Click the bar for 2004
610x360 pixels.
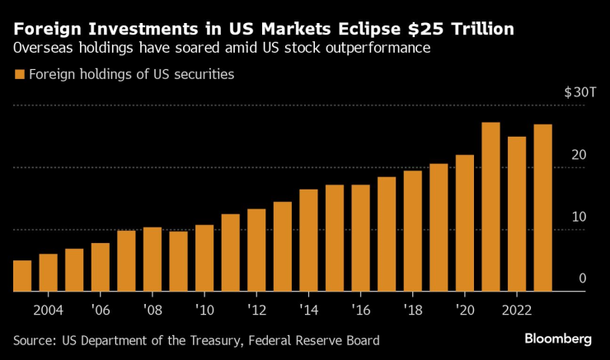click(x=48, y=273)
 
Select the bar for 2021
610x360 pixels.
click(x=490, y=207)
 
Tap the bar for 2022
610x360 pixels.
click(x=517, y=214)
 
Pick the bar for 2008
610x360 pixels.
click(x=152, y=259)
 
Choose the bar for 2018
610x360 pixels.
click(x=412, y=231)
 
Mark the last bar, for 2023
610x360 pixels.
click(x=542, y=208)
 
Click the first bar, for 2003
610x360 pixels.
click(x=22, y=276)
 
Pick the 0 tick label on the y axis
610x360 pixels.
click(x=582, y=279)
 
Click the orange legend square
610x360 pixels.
click(x=19, y=75)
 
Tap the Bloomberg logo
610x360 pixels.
click(x=558, y=339)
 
